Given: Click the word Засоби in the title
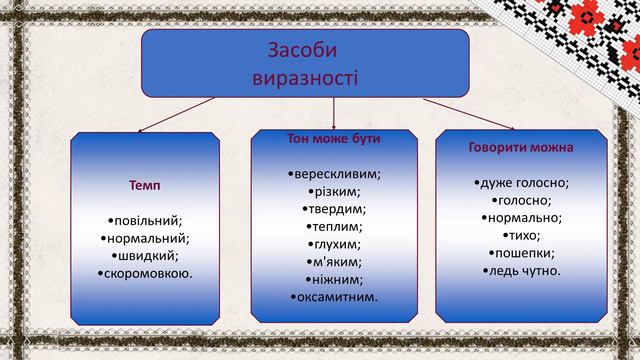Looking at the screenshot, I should (x=304, y=51).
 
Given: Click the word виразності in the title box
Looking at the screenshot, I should (x=304, y=76).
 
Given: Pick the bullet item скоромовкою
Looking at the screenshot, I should (x=146, y=272).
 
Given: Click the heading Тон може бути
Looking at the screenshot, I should (x=333, y=137).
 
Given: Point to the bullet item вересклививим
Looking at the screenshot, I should (x=333, y=173).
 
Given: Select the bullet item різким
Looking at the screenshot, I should (x=333, y=191).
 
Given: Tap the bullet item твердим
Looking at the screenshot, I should (x=333, y=208).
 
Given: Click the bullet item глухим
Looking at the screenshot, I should (x=333, y=244).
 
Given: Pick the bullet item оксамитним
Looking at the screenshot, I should (x=333, y=297).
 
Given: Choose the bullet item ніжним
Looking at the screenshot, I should (x=333, y=279).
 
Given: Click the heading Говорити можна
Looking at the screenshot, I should (x=521, y=147).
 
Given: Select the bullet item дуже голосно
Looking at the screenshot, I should (x=521, y=182).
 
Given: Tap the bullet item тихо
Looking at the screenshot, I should (x=521, y=235).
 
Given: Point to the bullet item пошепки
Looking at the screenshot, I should (x=521, y=252).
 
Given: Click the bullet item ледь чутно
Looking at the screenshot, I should (x=521, y=270).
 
